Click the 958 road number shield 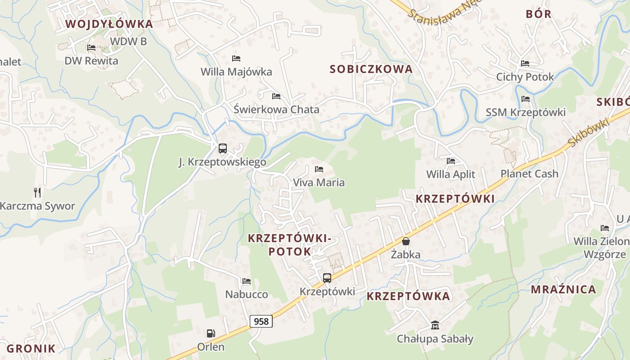coord(261,321)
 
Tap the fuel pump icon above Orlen coord(211,333)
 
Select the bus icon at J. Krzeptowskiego coord(222,148)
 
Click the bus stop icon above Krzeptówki coord(327,278)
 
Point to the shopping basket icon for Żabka coord(406,241)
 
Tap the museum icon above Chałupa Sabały coord(435,325)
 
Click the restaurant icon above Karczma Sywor coord(37,193)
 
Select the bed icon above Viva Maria coord(319,169)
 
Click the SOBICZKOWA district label coord(371,69)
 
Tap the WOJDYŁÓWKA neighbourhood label coord(109,24)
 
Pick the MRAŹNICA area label coord(563,289)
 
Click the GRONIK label coord(31,348)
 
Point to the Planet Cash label coord(529,174)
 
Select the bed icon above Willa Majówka coord(236,58)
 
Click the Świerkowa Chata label coord(277,109)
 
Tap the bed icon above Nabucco coord(247,281)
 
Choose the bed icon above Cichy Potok coord(525,63)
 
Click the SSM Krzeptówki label coord(526,112)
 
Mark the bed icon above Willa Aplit coord(451,161)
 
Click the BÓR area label coord(539,14)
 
